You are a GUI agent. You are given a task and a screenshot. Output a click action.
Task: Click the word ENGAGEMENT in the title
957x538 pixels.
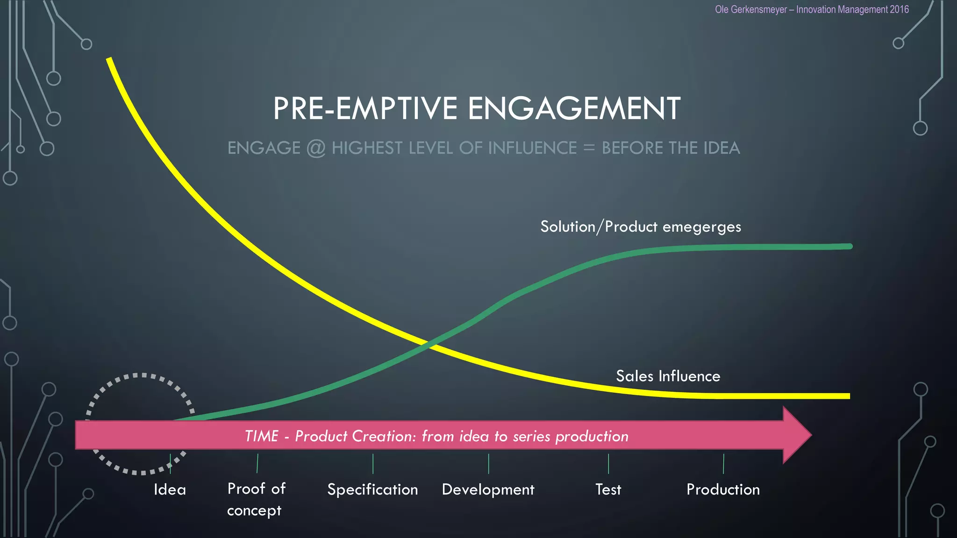pos(574,108)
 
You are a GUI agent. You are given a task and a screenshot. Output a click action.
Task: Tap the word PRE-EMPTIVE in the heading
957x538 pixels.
pos(365,108)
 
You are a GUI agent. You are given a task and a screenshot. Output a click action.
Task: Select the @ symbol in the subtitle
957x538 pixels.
pos(316,148)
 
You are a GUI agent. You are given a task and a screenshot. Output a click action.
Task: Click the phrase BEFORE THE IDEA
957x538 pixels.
pos(671,148)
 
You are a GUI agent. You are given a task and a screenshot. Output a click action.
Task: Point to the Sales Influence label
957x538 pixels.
pos(668,376)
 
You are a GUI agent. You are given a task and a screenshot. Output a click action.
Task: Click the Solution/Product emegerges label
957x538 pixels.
pos(641,227)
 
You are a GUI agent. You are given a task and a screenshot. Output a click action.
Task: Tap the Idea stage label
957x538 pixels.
pos(170,489)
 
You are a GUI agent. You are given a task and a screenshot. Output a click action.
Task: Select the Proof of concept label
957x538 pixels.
pos(256,499)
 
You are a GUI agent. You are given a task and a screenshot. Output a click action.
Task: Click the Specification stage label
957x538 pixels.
pos(372,489)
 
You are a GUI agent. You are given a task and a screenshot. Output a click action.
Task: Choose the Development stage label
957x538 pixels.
pos(488,489)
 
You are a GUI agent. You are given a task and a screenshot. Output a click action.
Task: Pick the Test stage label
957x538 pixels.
pos(608,489)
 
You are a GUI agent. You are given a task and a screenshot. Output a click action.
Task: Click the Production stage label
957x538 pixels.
pos(723,489)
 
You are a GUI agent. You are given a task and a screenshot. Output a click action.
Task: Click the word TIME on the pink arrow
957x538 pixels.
pos(261,436)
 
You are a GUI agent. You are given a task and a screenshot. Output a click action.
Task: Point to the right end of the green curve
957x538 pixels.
pos(849,246)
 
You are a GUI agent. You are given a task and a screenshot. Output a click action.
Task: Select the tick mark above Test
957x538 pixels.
pos(608,463)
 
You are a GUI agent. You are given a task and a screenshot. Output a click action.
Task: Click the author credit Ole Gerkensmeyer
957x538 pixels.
pos(750,9)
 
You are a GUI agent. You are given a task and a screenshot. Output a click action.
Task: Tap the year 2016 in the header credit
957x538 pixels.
pos(899,9)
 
